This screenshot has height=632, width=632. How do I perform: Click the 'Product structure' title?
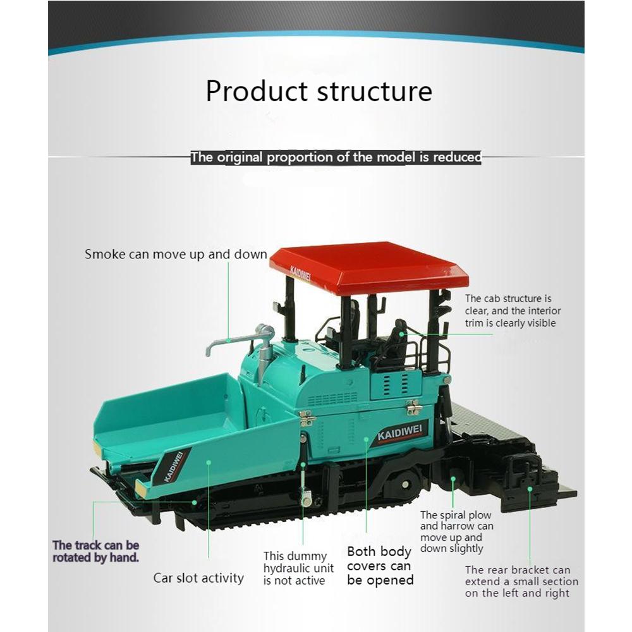click(319, 91)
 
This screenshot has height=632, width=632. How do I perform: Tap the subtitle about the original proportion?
click(336, 157)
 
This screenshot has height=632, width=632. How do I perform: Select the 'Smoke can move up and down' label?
click(176, 254)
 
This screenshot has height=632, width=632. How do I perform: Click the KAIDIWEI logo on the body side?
click(400, 434)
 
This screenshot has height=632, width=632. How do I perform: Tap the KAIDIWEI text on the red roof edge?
click(300, 273)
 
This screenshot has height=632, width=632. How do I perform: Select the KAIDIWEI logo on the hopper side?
click(174, 466)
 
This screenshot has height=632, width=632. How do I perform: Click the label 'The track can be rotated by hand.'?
click(96, 551)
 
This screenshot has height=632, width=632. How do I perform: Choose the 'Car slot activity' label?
click(198, 578)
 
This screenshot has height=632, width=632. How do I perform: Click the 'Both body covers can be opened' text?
click(380, 566)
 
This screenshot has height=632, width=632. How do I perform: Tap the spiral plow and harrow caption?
click(457, 532)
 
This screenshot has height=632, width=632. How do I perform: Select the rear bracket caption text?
click(521, 581)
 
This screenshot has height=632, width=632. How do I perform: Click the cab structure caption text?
click(513, 311)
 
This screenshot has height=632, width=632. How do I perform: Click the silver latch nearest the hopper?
click(307, 418)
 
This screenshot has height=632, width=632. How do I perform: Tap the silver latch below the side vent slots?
click(413, 407)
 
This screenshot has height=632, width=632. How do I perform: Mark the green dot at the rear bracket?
click(530, 489)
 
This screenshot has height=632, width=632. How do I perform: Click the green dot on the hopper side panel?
click(209, 462)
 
